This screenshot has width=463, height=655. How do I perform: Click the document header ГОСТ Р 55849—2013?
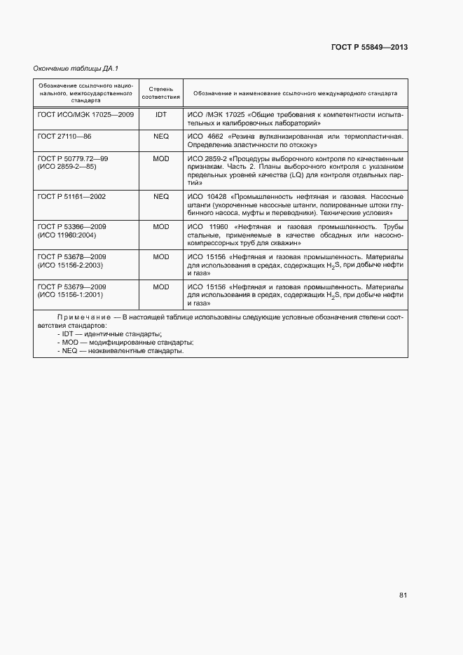pyautogui.click(x=369, y=47)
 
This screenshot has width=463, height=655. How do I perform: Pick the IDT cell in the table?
pyautogui.click(x=161, y=113)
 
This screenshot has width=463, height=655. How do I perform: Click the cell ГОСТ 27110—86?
pyautogui.click(x=64, y=136)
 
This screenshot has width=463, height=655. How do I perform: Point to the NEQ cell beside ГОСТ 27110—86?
pyautogui.click(x=161, y=136)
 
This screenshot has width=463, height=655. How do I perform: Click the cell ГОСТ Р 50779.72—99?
pyautogui.click(x=73, y=159)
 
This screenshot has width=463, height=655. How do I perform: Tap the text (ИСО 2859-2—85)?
pyautogui.click(x=67, y=167)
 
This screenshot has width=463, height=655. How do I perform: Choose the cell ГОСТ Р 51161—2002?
pyautogui.click(x=71, y=197)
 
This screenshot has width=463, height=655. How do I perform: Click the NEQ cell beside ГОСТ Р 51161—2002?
pyautogui.click(x=161, y=197)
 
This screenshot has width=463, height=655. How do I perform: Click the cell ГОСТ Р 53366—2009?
pyautogui.click(x=71, y=227)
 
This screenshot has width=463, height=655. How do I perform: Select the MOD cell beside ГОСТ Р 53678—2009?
pyautogui.click(x=161, y=257)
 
